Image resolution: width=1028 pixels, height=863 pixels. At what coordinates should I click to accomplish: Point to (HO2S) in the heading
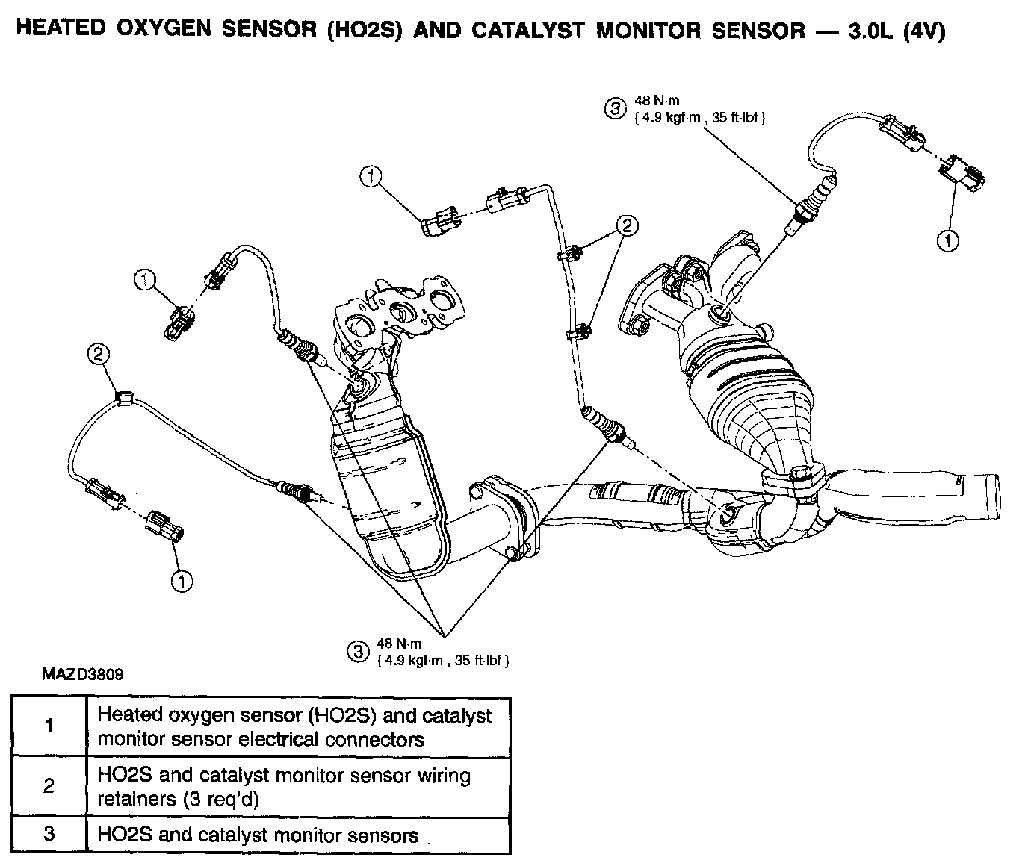(x=362, y=31)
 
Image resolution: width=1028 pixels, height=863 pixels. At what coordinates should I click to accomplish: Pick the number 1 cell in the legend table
(x=49, y=726)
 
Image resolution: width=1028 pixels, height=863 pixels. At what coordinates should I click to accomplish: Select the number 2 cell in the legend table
(x=49, y=786)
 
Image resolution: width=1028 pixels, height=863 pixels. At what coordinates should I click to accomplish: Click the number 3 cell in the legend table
(x=49, y=834)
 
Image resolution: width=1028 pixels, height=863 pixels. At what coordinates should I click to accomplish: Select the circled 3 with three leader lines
(x=359, y=652)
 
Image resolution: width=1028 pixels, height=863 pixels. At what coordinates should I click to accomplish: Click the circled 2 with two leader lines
(x=627, y=225)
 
